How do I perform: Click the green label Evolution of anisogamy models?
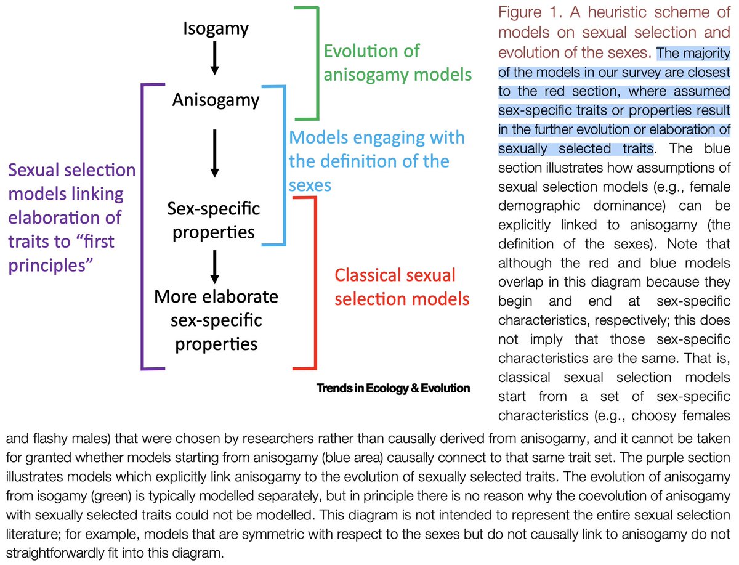(398, 63)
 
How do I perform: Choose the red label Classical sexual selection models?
(402, 287)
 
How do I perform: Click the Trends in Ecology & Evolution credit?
(393, 388)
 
